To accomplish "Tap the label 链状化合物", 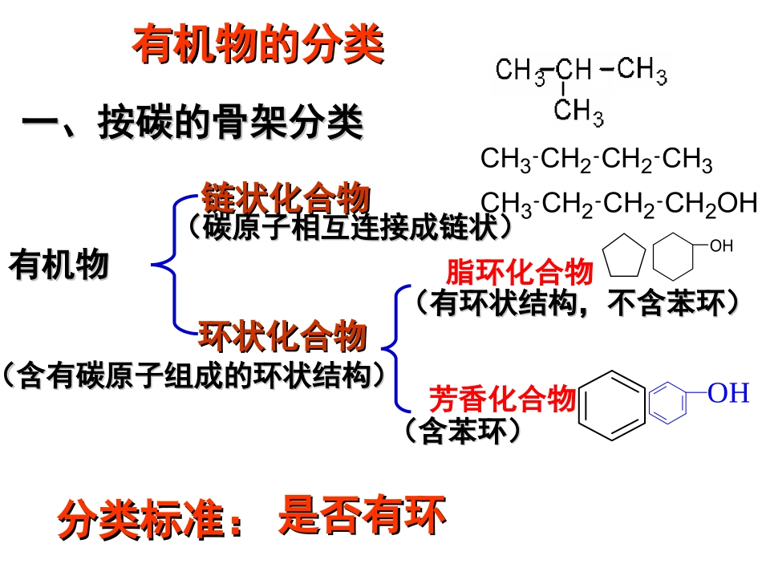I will (286, 197).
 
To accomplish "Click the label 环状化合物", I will (282, 335).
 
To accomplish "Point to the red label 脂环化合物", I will (519, 272).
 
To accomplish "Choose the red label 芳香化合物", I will (502, 397).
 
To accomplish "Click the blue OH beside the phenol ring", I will (728, 393).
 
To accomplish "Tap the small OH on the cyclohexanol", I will (721, 245).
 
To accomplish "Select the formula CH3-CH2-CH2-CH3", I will (596, 159).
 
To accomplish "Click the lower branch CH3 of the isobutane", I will (578, 111).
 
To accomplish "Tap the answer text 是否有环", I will (362, 515).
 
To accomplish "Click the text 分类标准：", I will (152, 520).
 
